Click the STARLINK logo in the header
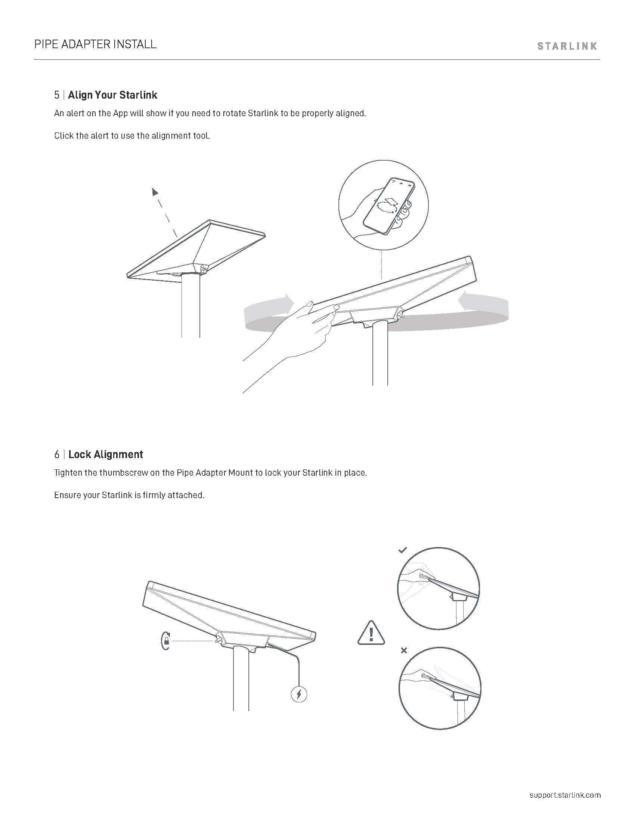pyautogui.click(x=567, y=46)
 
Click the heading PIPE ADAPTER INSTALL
pyautogui.click(x=95, y=44)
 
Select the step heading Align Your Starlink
pyautogui.click(x=112, y=95)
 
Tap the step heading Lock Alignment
pyautogui.click(x=106, y=454)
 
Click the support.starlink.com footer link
pyautogui.click(x=565, y=795)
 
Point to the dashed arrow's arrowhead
pyautogui.click(x=155, y=192)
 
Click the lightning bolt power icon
pyautogui.click(x=299, y=694)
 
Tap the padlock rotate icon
pyautogui.click(x=165, y=641)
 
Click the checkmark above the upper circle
pyautogui.click(x=403, y=550)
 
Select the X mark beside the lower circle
pyautogui.click(x=404, y=650)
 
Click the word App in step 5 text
pyautogui.click(x=120, y=113)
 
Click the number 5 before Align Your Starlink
pyautogui.click(x=57, y=95)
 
